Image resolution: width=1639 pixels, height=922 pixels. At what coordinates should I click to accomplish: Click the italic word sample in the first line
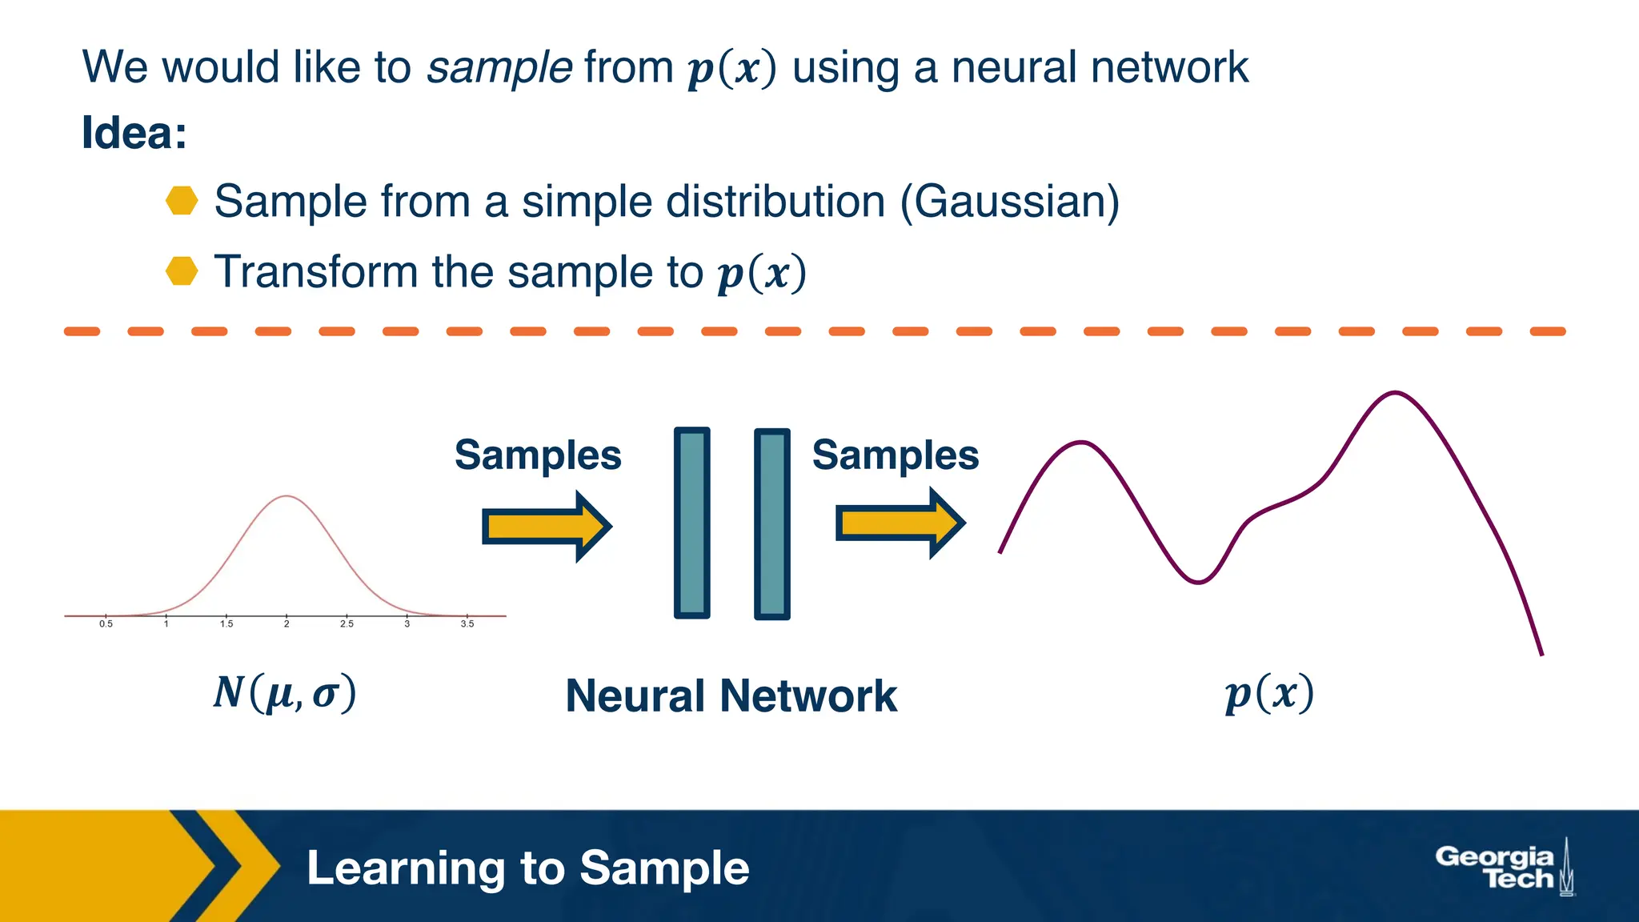(x=499, y=67)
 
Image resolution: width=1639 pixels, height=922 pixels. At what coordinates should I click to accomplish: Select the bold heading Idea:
(x=134, y=133)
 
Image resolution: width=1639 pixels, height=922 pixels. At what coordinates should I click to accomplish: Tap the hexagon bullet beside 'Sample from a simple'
(x=182, y=201)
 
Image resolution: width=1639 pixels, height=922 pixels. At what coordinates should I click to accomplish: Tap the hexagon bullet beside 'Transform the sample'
(x=182, y=271)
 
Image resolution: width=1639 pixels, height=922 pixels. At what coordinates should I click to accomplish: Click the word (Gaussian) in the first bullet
(x=1009, y=202)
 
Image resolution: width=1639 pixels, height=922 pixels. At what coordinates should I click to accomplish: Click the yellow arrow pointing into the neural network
(x=546, y=527)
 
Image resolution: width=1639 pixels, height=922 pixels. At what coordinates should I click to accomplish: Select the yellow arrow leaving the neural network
(x=900, y=523)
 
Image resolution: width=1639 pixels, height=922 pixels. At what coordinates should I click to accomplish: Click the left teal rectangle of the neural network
(x=692, y=523)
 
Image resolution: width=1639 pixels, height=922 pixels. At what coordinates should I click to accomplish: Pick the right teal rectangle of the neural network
(x=772, y=523)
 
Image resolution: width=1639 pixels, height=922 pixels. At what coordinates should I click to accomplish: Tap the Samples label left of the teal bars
(x=538, y=455)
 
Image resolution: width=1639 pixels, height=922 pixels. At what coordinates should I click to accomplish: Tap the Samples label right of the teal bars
(x=895, y=455)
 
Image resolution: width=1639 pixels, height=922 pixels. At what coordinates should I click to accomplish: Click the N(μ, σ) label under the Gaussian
(x=284, y=693)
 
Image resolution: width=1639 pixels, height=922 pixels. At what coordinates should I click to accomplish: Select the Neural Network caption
(x=731, y=696)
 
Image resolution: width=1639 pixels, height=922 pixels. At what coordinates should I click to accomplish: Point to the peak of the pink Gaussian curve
(x=287, y=497)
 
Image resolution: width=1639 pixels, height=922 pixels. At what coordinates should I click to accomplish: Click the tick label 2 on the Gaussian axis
(x=287, y=624)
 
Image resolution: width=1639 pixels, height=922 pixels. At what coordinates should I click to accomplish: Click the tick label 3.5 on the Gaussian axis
(x=467, y=624)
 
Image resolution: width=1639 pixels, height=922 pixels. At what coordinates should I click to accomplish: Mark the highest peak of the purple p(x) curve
(x=1395, y=393)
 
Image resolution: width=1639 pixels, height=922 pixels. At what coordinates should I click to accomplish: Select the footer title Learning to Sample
(x=527, y=868)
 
